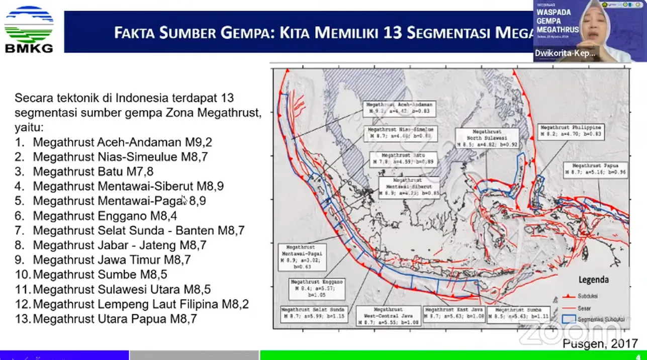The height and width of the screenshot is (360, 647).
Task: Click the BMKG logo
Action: coord(29,29)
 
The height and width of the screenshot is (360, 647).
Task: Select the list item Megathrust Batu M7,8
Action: coord(93,171)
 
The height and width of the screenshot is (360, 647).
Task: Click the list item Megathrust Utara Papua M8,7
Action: coord(115,319)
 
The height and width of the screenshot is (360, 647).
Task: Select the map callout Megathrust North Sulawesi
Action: coord(481,137)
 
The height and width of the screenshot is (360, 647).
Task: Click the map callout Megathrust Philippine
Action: coord(570,131)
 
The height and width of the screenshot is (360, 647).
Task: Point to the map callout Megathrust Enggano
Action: coord(316,288)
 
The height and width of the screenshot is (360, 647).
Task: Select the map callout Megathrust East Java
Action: coord(454,313)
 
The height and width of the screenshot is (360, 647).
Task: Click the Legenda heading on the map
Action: coord(594,280)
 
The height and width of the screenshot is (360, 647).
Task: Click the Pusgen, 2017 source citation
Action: coord(600,344)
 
